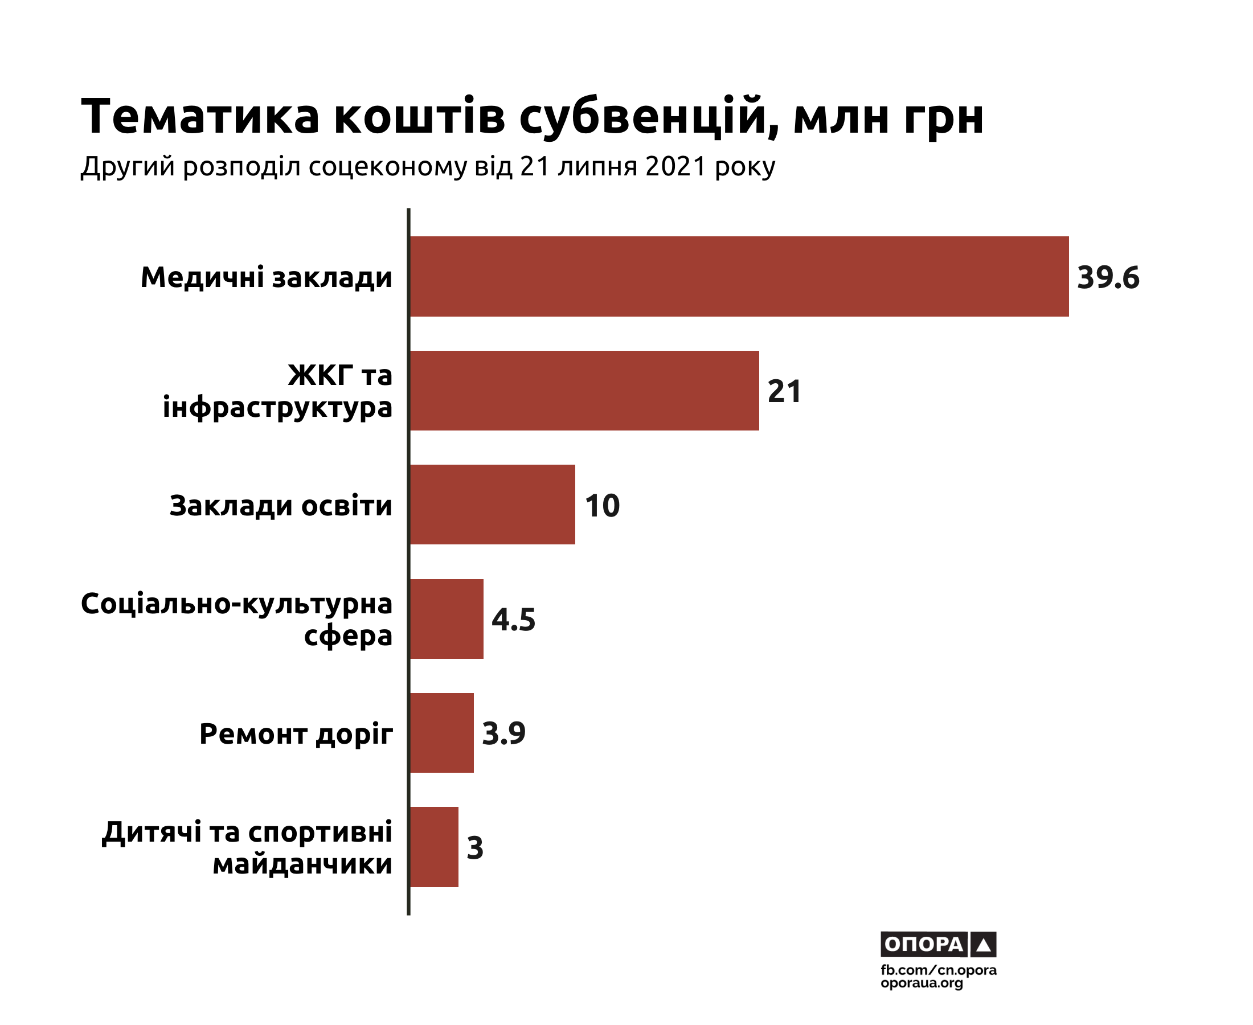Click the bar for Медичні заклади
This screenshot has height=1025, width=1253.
point(739,276)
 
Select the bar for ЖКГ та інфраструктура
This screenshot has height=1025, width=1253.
point(584,390)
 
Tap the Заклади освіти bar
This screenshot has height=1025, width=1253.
point(492,504)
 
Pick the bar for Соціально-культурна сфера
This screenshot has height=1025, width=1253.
point(447,619)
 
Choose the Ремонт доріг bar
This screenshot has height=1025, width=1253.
point(441,733)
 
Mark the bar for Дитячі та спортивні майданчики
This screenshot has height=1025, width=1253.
point(434,847)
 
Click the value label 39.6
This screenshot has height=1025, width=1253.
point(1108,277)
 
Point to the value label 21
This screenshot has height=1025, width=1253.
point(784,391)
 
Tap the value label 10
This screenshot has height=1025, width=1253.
point(601,506)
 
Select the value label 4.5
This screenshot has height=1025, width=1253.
point(513,620)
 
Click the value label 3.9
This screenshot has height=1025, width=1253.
point(503,733)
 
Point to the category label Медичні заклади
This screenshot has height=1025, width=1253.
point(267,277)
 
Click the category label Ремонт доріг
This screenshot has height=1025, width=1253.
point(296,734)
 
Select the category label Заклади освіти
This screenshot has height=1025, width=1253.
point(280,506)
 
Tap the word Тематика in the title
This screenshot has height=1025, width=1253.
point(200,116)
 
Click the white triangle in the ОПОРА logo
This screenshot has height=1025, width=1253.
point(983,945)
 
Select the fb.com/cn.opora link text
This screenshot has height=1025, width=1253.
point(938,970)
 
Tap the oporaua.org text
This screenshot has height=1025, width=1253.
point(921,983)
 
